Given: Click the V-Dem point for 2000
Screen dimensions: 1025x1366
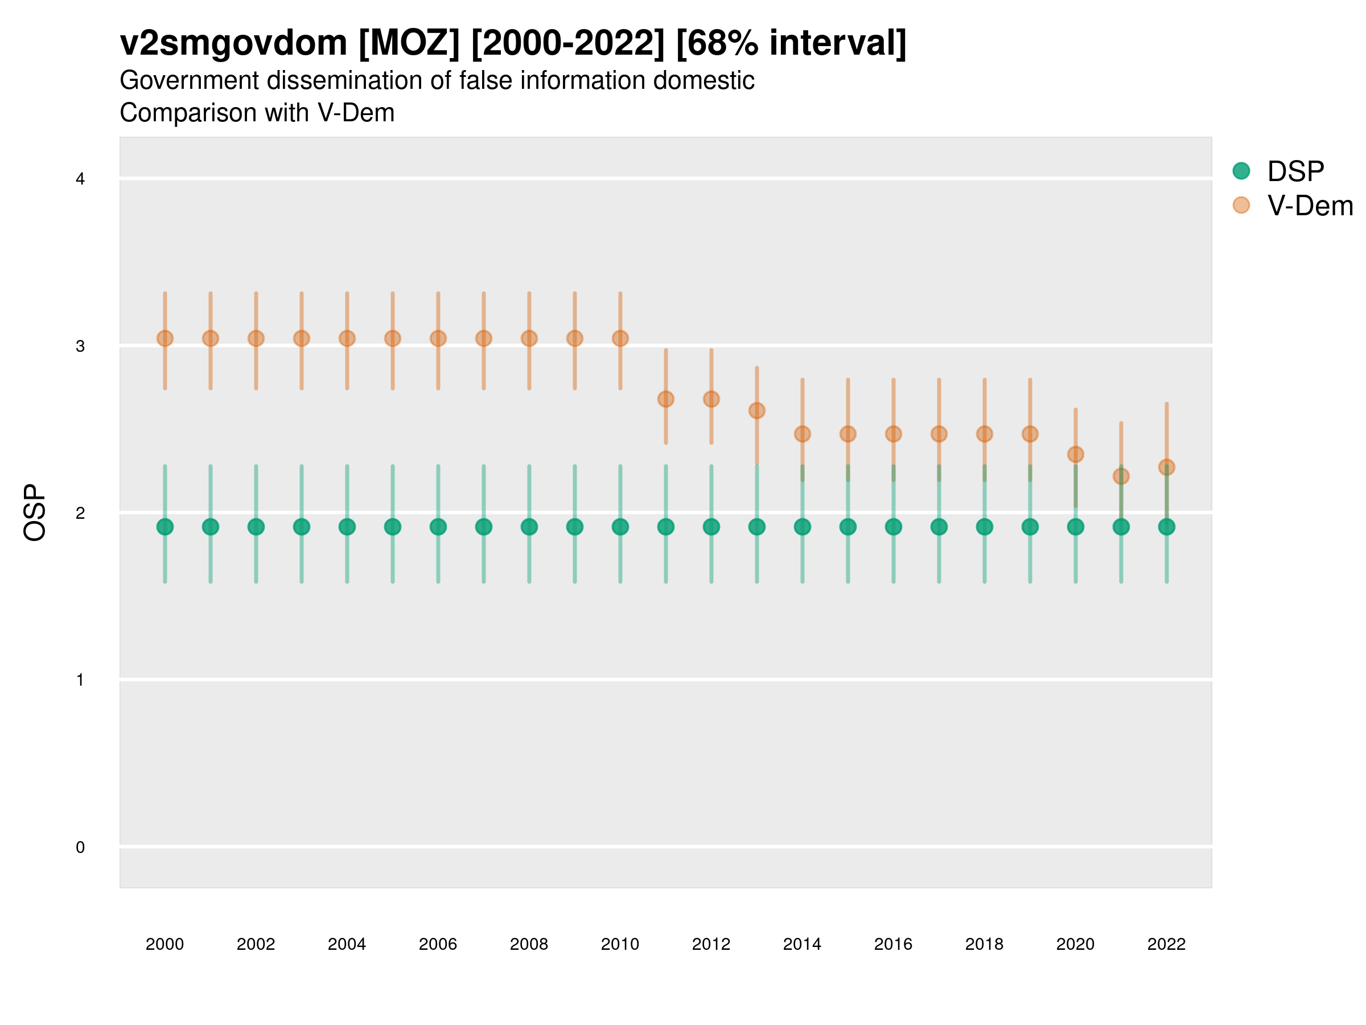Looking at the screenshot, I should point(165,339).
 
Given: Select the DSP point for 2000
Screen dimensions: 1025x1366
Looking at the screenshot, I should point(165,527).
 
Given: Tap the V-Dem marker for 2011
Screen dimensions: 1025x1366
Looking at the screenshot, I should point(666,399).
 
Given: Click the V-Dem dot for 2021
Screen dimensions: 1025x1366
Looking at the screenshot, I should point(1121,477).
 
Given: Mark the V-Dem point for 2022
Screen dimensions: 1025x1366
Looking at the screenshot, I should point(1167,467).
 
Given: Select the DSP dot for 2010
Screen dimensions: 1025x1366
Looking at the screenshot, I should point(620,527).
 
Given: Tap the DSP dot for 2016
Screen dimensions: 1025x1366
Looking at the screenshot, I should point(893,527).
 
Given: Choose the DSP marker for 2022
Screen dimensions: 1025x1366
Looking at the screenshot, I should point(1167,527).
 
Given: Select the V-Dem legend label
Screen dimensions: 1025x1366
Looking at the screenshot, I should point(1310,206).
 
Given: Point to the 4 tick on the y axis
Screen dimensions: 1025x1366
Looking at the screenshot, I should point(80,179).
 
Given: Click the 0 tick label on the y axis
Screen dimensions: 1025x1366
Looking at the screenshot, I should point(80,847).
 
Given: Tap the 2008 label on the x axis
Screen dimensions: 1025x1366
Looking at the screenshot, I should point(529,944).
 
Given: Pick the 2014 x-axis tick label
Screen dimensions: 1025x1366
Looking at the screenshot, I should point(801,944).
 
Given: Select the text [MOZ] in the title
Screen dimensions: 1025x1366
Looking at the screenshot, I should point(409,43).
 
